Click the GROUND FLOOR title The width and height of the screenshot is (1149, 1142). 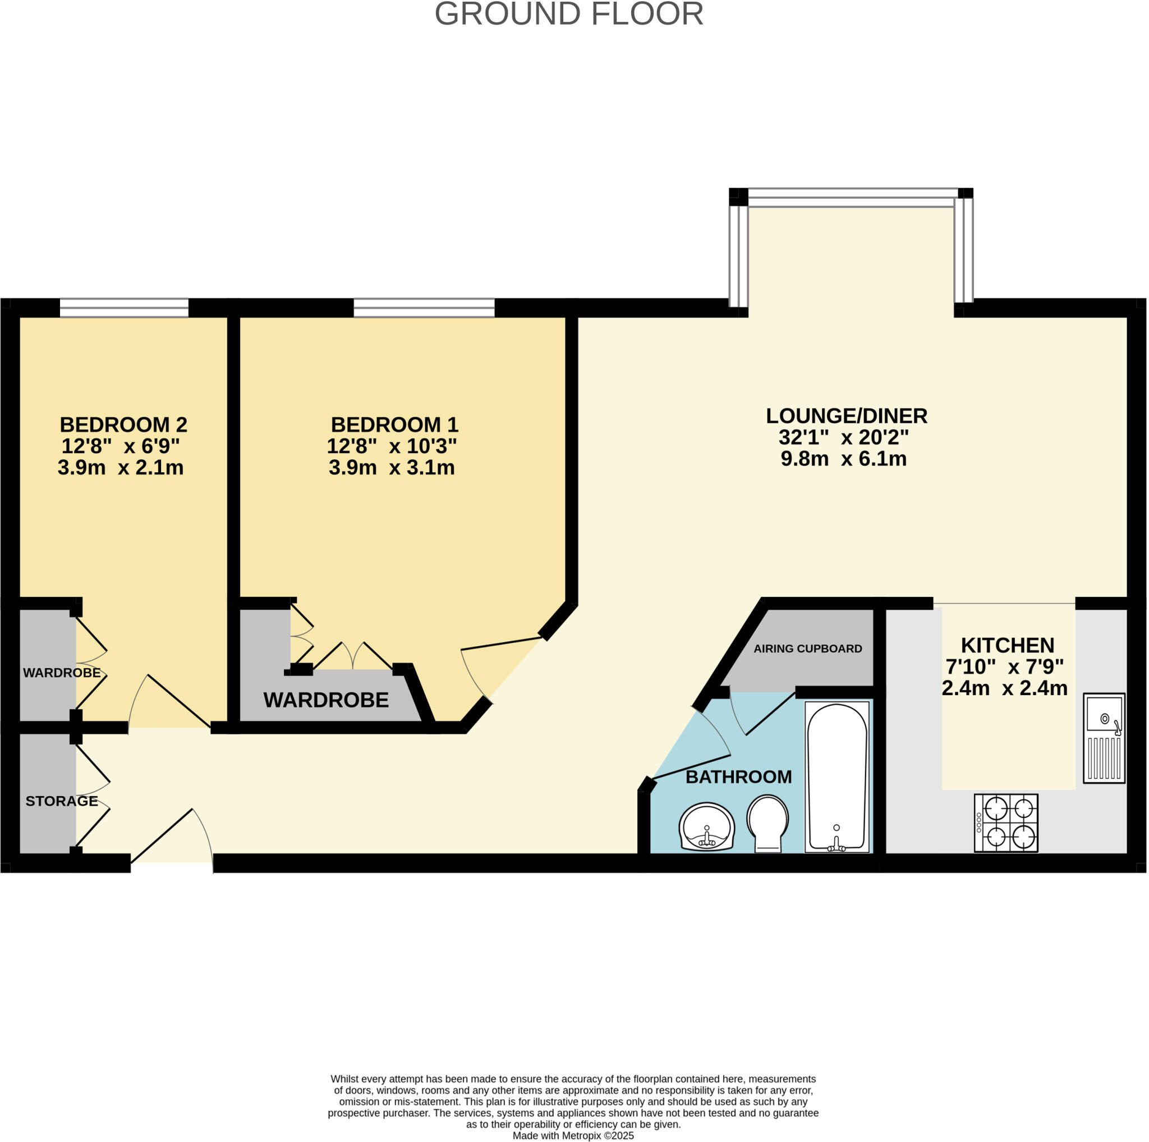click(569, 14)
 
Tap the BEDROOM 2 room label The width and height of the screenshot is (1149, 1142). click(123, 425)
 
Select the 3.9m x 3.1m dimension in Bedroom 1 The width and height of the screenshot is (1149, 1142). click(392, 468)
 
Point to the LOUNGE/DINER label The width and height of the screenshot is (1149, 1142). click(845, 416)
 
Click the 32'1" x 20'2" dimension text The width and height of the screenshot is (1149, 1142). click(843, 437)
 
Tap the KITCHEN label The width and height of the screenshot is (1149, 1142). click(1007, 645)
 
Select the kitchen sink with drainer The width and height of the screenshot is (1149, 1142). click(1103, 737)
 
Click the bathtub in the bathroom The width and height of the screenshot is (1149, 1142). click(836, 777)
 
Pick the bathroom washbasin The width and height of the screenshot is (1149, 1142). click(706, 826)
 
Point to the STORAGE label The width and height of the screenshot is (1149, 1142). click(61, 801)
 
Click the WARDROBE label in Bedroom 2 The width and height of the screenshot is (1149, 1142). click(61, 673)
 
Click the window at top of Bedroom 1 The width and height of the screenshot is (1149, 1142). click(424, 308)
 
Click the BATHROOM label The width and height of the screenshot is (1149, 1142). click(738, 776)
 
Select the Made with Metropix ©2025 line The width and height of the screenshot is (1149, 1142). click(573, 1135)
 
